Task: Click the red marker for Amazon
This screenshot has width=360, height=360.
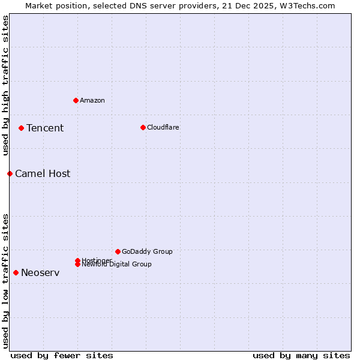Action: [76, 100]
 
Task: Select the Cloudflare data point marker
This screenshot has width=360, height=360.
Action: [143, 127]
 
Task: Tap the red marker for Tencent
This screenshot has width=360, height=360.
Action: [21, 128]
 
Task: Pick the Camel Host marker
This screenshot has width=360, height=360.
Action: [10, 173]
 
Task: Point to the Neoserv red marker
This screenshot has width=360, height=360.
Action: [16, 272]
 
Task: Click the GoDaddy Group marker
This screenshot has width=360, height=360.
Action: [118, 251]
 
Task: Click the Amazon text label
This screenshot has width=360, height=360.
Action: [92, 100]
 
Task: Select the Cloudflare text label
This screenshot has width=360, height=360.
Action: [163, 127]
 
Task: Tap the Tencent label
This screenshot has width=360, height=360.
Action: [45, 128]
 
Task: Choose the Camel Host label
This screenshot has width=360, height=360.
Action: [43, 173]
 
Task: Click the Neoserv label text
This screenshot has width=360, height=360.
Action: [40, 272]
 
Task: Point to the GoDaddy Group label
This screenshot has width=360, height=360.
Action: [147, 251]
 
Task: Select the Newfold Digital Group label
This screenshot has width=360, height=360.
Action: [116, 265]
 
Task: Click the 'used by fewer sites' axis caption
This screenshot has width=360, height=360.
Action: [62, 355]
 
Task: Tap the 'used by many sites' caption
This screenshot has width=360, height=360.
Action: [301, 355]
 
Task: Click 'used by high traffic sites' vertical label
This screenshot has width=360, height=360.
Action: [5, 85]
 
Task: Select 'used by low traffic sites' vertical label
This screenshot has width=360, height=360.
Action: [5, 280]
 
